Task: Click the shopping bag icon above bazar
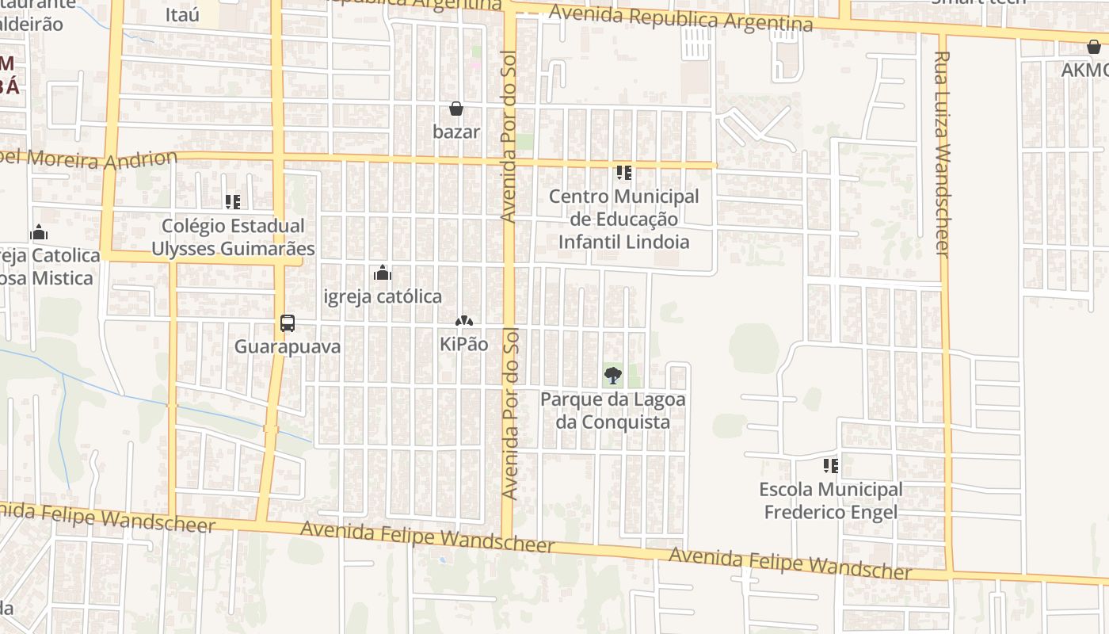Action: [x=456, y=109]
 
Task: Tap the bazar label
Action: [x=456, y=132]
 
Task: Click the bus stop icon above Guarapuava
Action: [x=288, y=323]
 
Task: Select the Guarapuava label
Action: [x=288, y=346]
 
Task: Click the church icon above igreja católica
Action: [x=383, y=273]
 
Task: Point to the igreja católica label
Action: [x=383, y=296]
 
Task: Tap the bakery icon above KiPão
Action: [x=463, y=322]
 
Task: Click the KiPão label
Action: [x=463, y=345]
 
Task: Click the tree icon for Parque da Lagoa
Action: [x=612, y=376]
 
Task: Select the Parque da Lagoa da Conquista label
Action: [x=612, y=411]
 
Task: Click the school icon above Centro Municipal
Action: [x=624, y=172]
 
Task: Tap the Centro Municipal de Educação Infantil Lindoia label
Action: [x=624, y=219]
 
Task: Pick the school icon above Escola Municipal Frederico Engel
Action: [x=830, y=465]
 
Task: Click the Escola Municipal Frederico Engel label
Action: [x=830, y=501]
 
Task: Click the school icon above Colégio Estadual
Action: [x=232, y=202]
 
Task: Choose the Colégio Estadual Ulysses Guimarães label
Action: [x=233, y=237]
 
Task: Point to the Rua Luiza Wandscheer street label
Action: [x=942, y=154]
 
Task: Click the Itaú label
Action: [x=183, y=14]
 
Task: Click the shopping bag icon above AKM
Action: [x=1093, y=48]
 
